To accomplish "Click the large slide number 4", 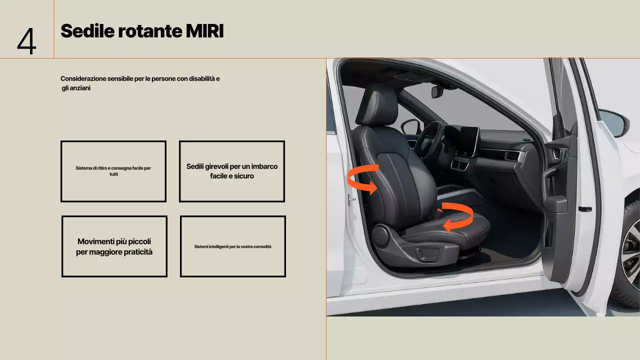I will pos(26,41).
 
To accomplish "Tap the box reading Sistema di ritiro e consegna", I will pos(113,171).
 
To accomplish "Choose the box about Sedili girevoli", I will pos(232,171).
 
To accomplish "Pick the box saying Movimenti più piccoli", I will pos(114,246).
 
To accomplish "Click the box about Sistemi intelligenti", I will pos(232,246).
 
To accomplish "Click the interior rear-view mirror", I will pos(437,92).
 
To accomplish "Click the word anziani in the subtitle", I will pos(78,88).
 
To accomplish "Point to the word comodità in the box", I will pos(262,246).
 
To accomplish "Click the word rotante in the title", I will pos(150,31).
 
